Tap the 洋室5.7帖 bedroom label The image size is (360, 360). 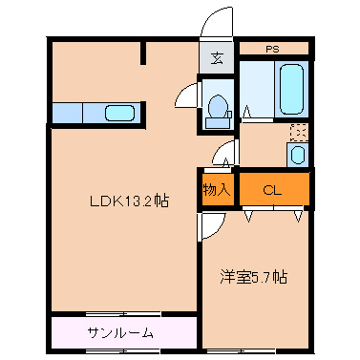[254, 278]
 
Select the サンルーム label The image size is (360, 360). [119, 334]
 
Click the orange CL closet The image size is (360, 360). [273, 189]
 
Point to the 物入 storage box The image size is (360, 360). [217, 189]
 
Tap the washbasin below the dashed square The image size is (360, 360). [298, 155]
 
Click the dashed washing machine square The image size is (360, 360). [298, 133]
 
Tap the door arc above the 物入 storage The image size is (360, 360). [224, 154]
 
